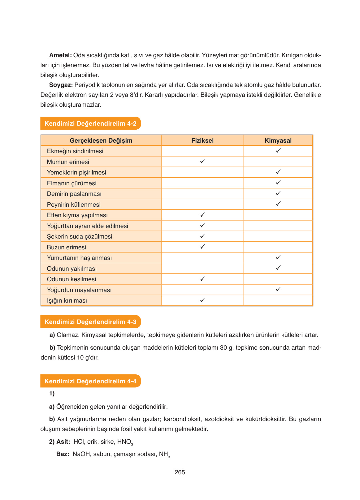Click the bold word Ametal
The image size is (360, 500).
(60, 55)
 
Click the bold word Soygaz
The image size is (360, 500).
(61, 85)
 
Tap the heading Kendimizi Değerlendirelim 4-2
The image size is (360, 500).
(90, 123)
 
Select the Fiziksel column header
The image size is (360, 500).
(202, 140)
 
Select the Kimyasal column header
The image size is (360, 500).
(278, 140)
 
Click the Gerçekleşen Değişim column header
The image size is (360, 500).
(101, 140)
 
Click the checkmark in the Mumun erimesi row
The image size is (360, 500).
(202, 162)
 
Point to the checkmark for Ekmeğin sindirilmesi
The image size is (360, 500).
(278, 151)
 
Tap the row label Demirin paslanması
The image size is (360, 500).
(74, 194)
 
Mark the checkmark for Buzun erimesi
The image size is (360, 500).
(202, 247)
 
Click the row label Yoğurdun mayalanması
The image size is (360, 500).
(79, 290)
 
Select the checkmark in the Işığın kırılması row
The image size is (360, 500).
(202, 300)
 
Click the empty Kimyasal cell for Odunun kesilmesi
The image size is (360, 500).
(278, 279)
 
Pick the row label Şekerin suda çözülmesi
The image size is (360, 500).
(80, 237)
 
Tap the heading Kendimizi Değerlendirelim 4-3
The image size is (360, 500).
(90, 322)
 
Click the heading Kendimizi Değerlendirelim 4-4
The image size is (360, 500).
(90, 381)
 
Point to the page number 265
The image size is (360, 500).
(180, 472)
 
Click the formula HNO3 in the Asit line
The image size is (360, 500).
(125, 442)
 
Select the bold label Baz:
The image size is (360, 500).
(63, 454)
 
